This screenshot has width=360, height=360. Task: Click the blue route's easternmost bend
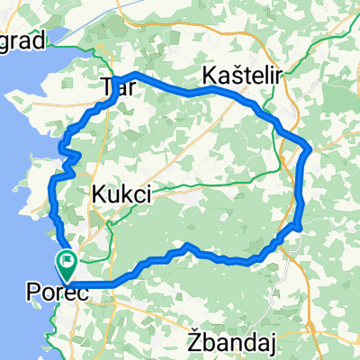point(309,147)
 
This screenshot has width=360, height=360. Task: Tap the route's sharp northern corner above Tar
point(133,73)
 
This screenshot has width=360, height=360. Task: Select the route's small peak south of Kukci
point(187,245)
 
